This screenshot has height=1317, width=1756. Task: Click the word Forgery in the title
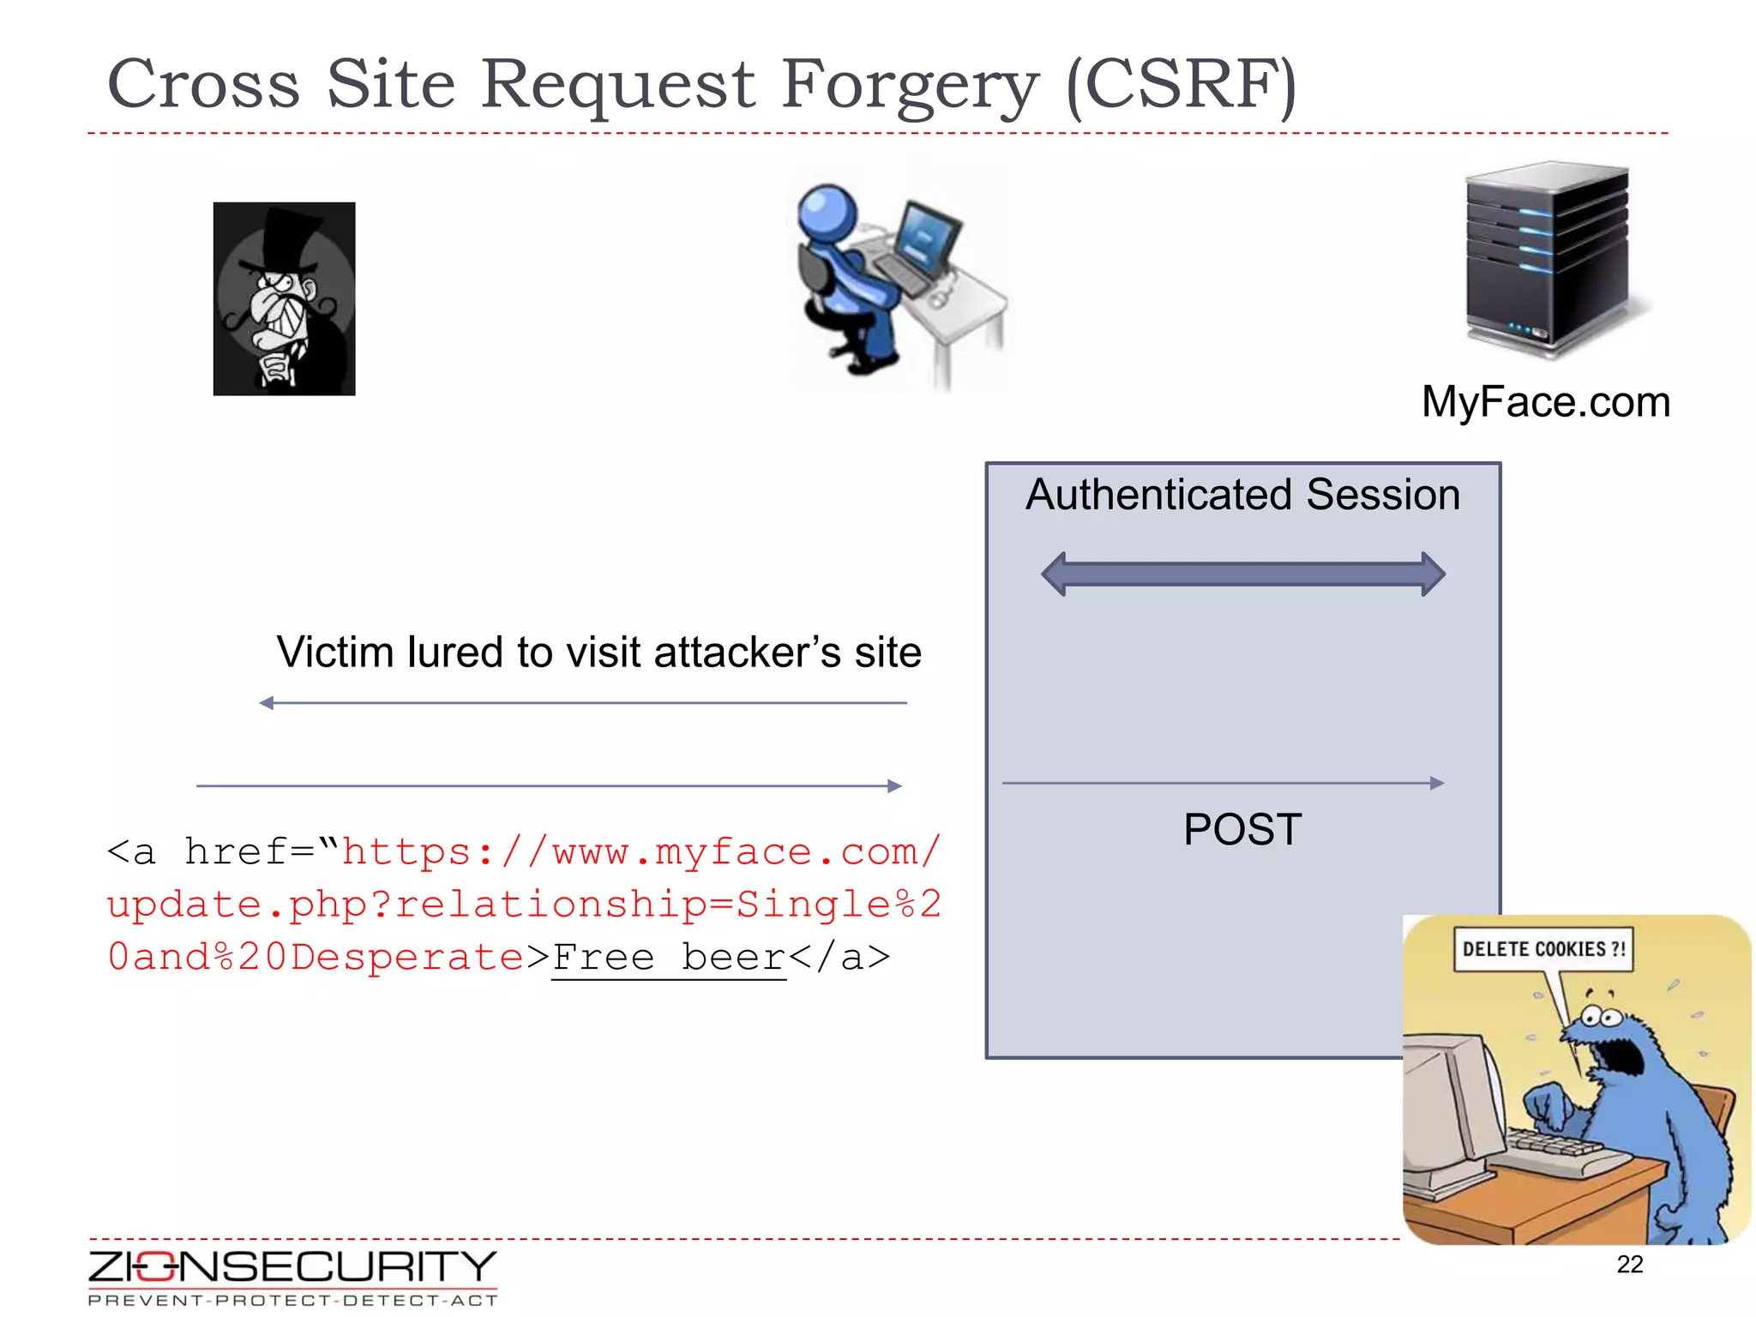click(909, 86)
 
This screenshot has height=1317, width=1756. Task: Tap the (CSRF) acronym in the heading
click(1182, 86)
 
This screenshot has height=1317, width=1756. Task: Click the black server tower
click(1548, 257)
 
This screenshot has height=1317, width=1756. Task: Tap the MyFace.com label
click(1545, 402)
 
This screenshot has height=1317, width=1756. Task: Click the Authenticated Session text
click(1242, 495)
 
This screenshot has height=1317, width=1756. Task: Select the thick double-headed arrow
click(1242, 574)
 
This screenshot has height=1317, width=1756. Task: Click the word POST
click(1242, 829)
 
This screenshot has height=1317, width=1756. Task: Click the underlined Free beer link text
click(669, 958)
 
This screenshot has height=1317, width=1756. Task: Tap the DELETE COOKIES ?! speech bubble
click(1543, 949)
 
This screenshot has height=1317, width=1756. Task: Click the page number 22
click(1629, 1264)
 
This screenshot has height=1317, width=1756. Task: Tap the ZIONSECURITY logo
click(292, 1267)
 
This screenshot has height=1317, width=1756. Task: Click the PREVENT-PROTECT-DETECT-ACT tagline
click(292, 1301)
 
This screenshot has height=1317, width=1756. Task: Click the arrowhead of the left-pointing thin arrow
click(267, 703)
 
